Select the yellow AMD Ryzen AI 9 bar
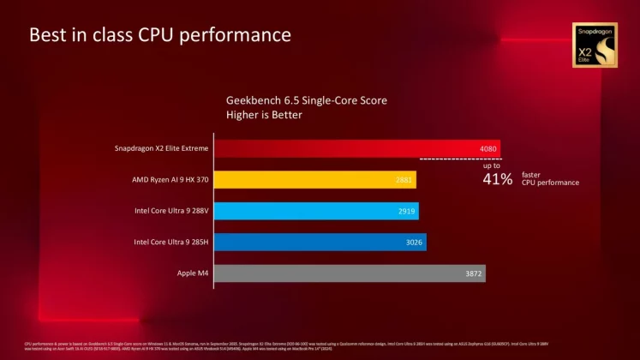tap(308, 180)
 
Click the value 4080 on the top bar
tap(487, 148)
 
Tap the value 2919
tap(409, 211)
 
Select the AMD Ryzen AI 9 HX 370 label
tap(167, 180)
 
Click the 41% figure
tap(498, 179)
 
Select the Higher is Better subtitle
tap(262, 115)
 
